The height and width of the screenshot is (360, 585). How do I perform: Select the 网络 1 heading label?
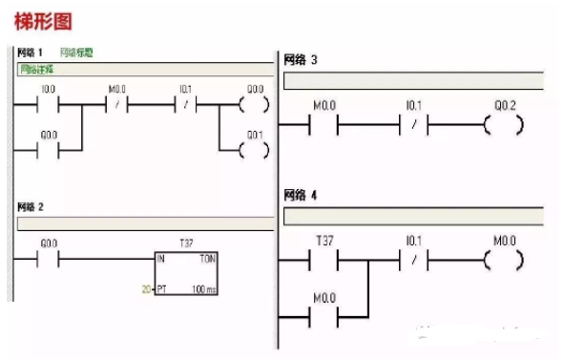(x=31, y=53)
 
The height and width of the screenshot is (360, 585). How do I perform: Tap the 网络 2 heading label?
(x=31, y=206)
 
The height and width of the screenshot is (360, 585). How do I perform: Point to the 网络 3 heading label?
(x=301, y=61)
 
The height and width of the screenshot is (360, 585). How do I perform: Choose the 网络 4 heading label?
(x=301, y=195)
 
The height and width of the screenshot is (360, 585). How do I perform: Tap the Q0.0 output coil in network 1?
(x=254, y=104)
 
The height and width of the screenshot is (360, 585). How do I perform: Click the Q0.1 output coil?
(x=254, y=150)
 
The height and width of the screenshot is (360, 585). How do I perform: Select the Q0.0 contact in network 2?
(x=50, y=258)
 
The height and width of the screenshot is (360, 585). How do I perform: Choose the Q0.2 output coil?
(x=504, y=123)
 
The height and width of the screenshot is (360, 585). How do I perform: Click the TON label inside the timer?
(x=207, y=258)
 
